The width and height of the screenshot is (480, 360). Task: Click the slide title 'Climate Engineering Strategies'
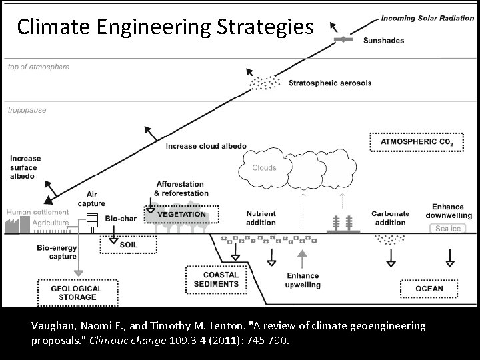(165, 27)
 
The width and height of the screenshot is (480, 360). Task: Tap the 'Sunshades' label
(383, 41)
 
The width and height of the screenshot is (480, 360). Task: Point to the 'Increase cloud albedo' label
(205, 146)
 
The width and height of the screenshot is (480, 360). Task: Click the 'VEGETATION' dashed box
(181, 215)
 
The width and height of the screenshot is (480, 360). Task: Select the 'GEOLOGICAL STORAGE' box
(77, 292)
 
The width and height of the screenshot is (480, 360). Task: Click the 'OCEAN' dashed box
(429, 289)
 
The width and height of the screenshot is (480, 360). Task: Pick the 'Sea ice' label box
(447, 229)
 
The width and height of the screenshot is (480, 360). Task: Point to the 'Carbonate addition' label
(390, 218)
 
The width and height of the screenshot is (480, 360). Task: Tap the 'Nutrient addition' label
(261, 218)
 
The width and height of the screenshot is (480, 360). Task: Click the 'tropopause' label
(27, 111)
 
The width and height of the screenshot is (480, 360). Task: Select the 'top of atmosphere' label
(38, 67)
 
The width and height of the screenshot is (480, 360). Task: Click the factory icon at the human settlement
(13, 224)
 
